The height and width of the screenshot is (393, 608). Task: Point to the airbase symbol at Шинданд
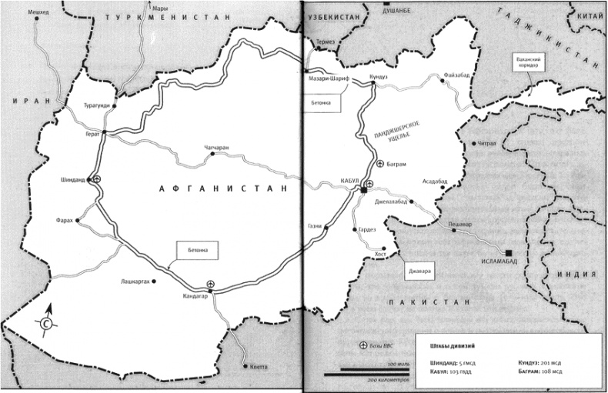pyautogui.click(x=98, y=178)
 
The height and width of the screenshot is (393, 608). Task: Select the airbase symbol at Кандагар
pyautogui.click(x=212, y=284)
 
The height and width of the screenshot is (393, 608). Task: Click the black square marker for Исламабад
pyautogui.click(x=508, y=251)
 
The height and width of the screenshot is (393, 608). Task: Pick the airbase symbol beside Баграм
pyautogui.click(x=380, y=164)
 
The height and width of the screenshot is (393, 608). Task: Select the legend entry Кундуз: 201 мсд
pyautogui.click(x=543, y=361)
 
